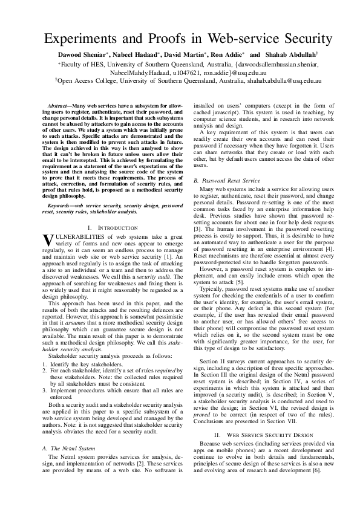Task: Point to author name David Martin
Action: click(x=176, y=56)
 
